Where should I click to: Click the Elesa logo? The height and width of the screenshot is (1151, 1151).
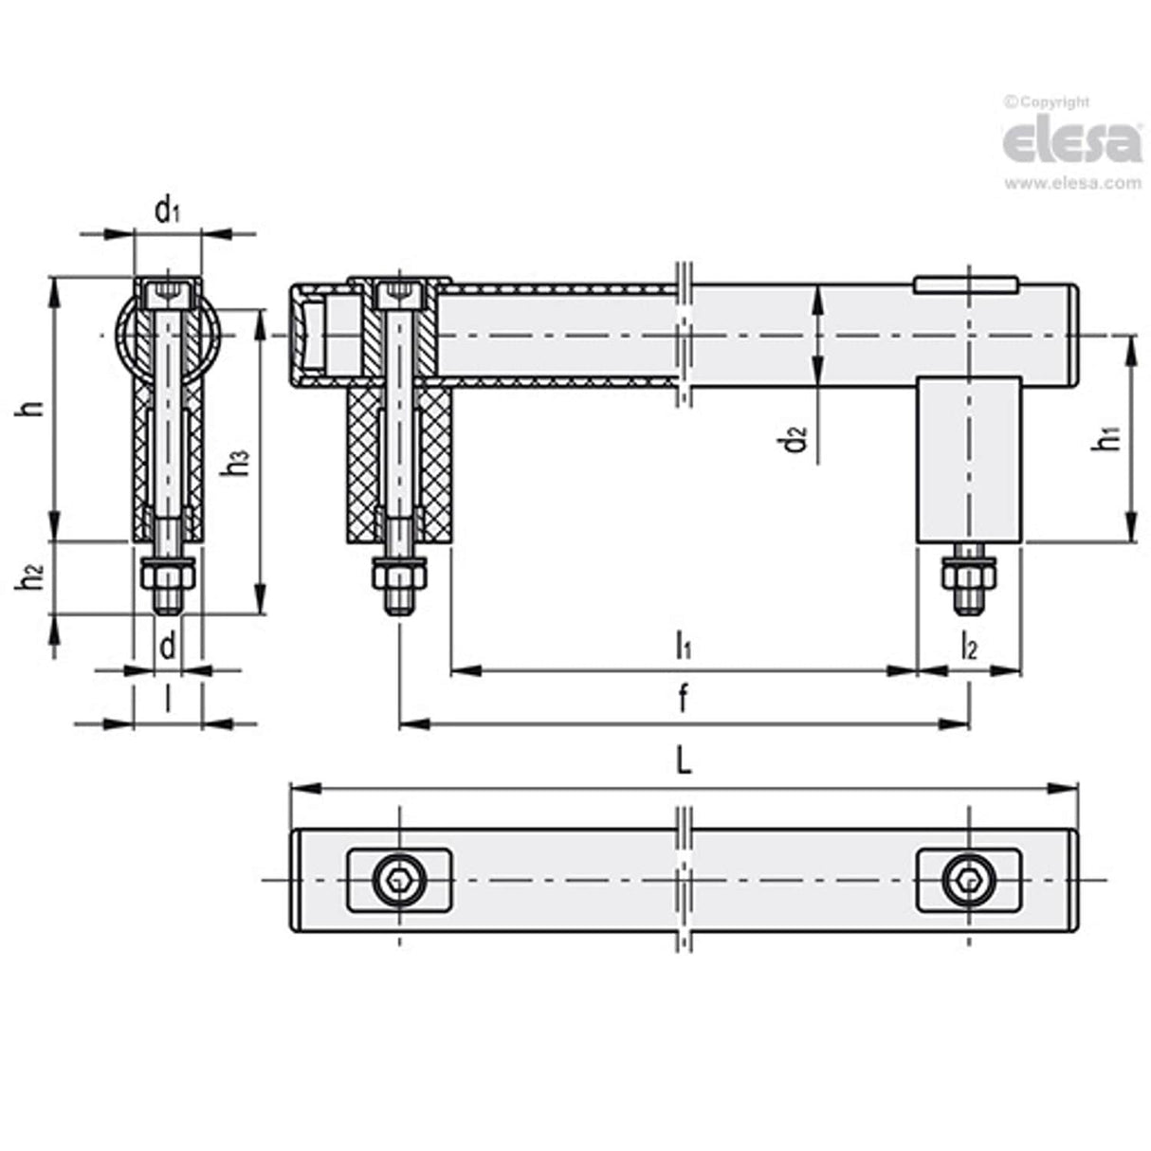click(x=1071, y=141)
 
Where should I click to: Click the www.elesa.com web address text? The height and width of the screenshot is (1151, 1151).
click(x=1072, y=184)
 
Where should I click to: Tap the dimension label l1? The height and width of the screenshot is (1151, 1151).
click(x=683, y=647)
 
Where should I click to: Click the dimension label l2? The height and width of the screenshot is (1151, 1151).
click(x=968, y=647)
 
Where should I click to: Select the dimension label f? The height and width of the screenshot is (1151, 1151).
click(x=683, y=700)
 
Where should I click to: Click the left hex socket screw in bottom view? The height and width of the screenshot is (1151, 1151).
click(x=399, y=882)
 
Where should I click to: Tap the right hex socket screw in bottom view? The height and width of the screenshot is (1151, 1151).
click(x=968, y=882)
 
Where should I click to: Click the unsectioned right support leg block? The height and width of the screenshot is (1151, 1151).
click(x=968, y=459)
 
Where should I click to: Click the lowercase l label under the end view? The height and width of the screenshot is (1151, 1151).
click(x=167, y=700)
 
